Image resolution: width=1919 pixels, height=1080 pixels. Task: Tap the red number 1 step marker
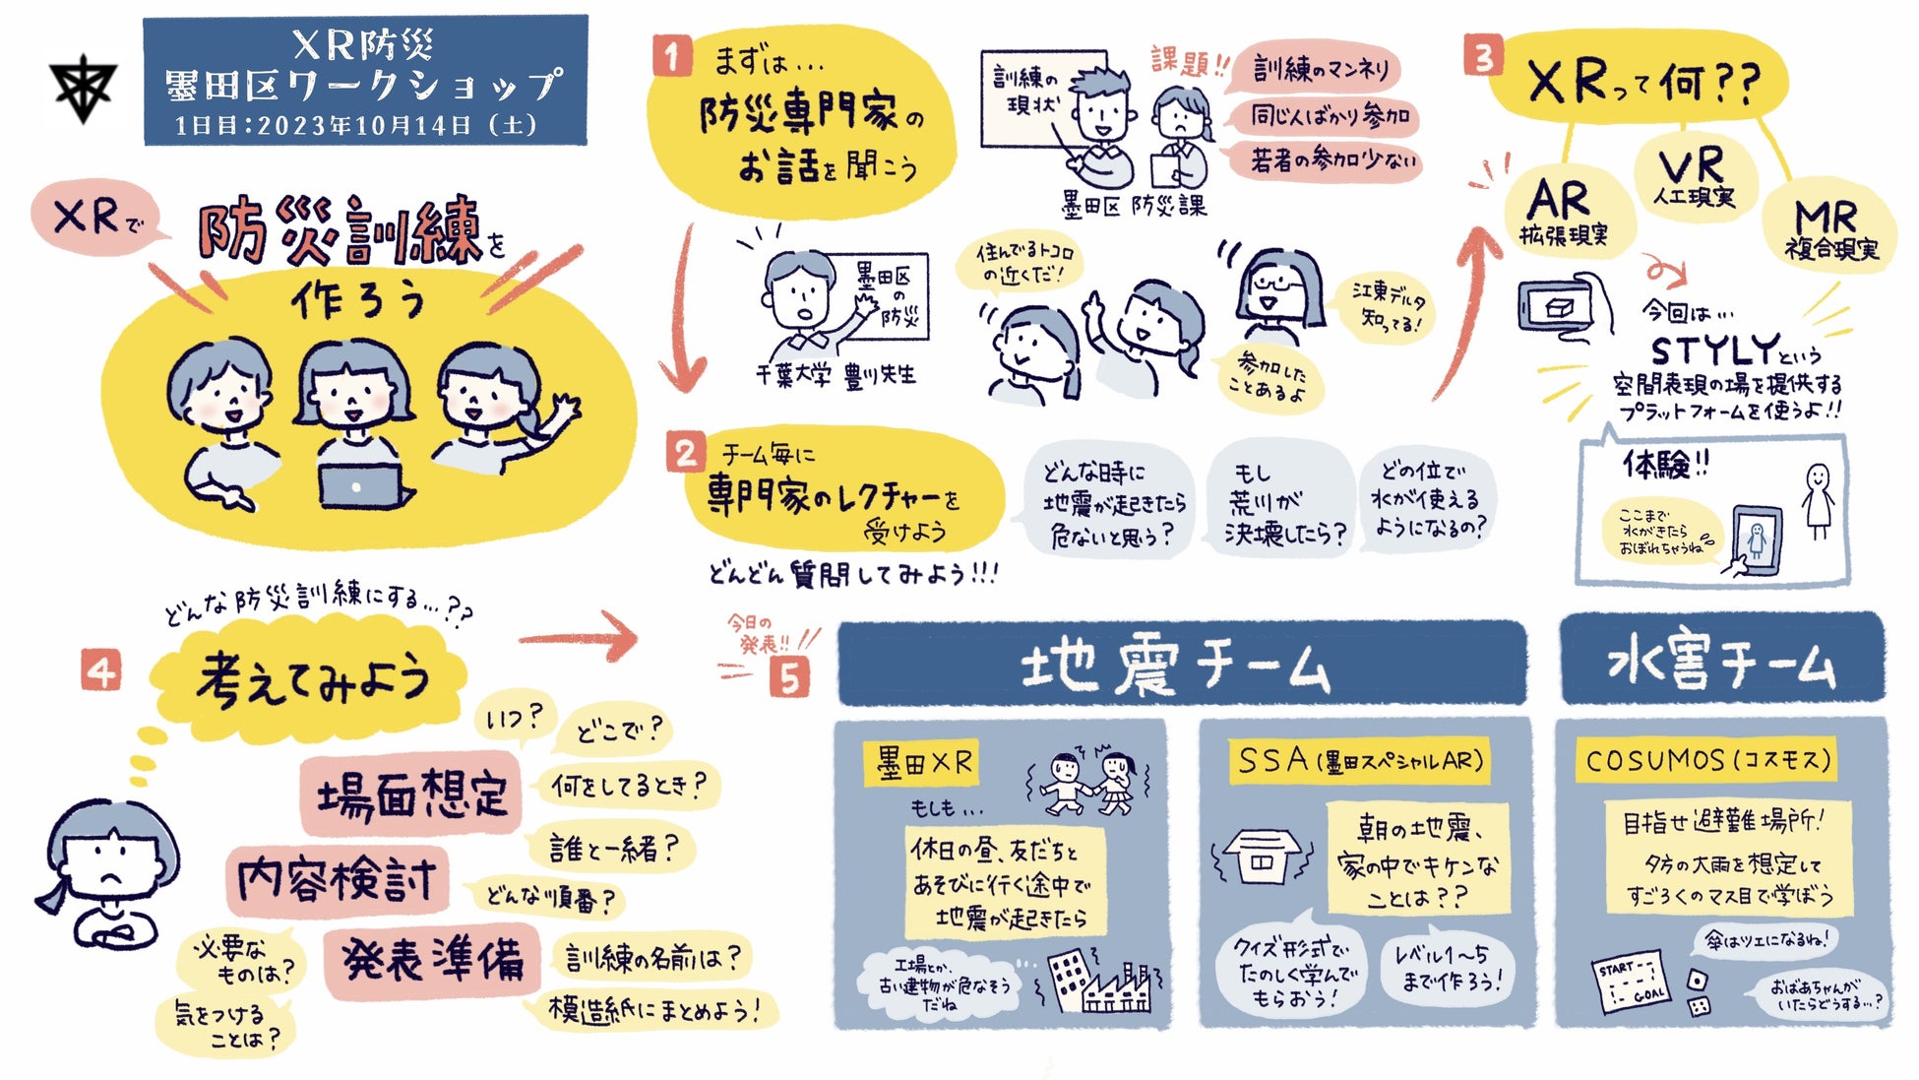pyautogui.click(x=672, y=55)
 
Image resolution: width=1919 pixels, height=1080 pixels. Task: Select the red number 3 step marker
pyautogui.click(x=1483, y=56)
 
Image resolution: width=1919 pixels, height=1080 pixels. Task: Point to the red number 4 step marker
pyautogui.click(x=101, y=672)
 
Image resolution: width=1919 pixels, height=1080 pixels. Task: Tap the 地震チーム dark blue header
pyautogui.click(x=1180, y=665)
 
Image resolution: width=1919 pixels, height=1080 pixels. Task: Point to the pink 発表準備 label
pyautogui.click(x=432, y=959)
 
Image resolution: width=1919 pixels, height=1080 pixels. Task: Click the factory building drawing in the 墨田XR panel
pyautogui.click(x=1102, y=981)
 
